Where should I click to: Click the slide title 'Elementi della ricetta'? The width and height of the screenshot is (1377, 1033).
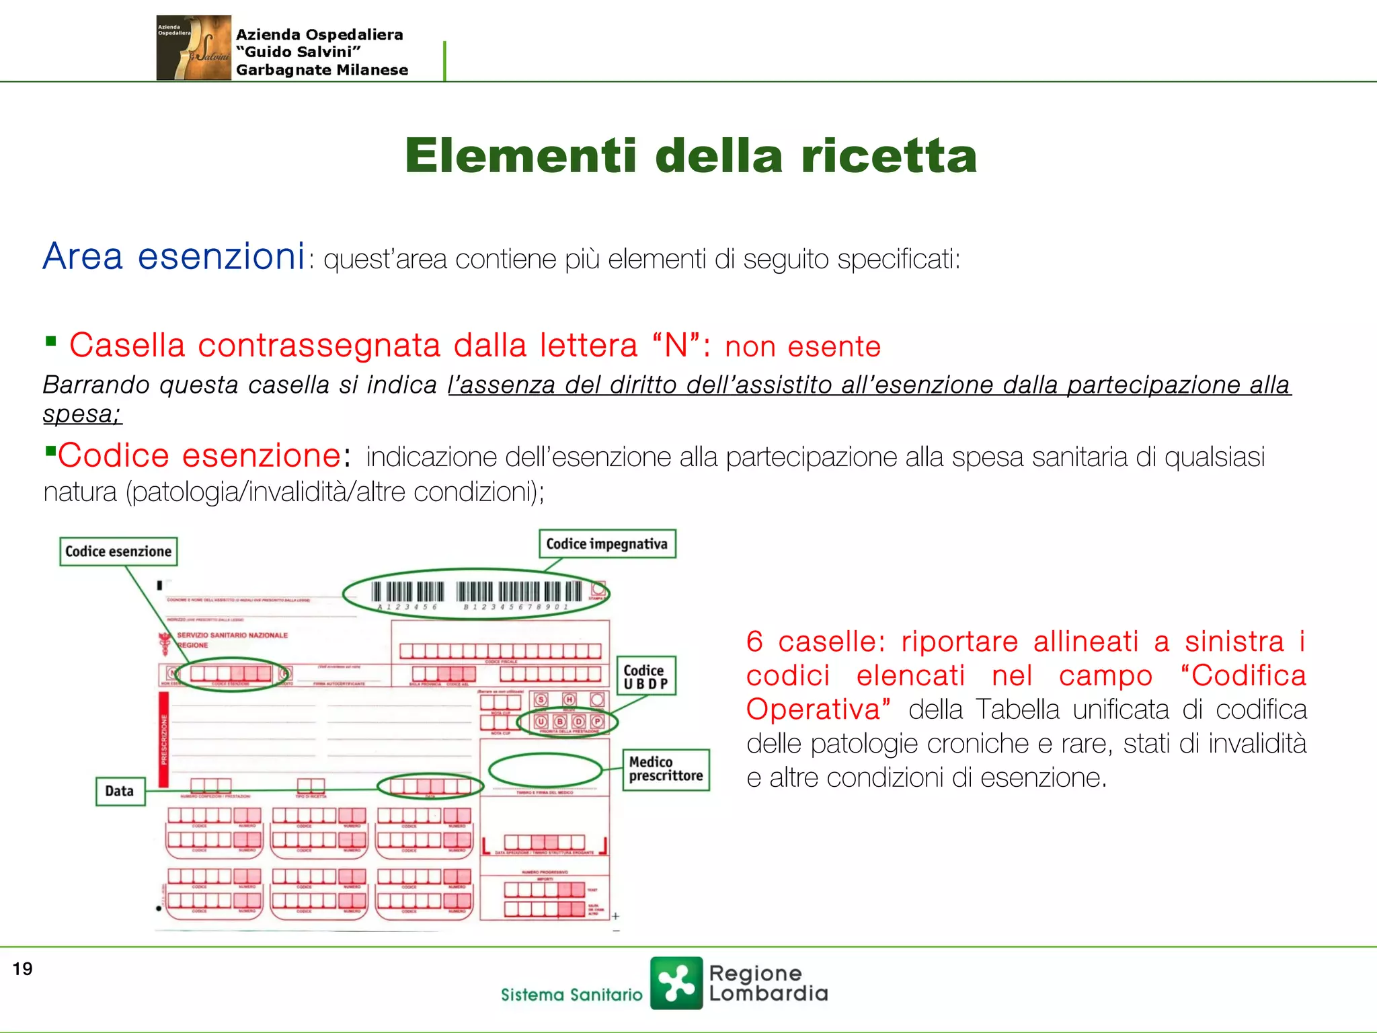[691, 156]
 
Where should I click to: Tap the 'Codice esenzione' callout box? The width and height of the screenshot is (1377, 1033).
[118, 551]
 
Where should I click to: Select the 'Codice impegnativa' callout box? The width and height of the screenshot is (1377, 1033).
[606, 543]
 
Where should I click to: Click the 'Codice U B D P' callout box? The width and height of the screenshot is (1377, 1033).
[645, 677]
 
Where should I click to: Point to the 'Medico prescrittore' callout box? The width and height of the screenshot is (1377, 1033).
[665, 769]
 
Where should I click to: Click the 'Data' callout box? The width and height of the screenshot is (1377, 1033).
[120, 791]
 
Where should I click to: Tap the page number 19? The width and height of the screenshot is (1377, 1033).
[22, 969]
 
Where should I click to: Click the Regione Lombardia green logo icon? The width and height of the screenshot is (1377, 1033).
[676, 983]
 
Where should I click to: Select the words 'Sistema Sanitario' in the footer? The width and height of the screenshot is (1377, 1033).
[572, 995]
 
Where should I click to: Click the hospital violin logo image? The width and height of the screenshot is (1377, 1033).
[194, 48]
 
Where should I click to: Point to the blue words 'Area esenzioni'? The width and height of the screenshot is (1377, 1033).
[174, 257]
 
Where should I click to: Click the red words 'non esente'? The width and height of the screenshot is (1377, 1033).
[802, 347]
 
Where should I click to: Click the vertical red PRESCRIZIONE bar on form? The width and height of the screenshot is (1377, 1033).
[163, 739]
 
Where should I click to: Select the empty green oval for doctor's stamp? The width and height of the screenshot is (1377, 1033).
[545, 770]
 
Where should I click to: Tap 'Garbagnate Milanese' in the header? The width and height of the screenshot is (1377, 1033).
[321, 71]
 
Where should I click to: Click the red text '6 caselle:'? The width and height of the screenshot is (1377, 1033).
[816, 642]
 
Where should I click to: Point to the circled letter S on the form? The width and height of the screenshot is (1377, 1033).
[541, 699]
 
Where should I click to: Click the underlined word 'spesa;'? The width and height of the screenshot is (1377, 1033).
[82, 414]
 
